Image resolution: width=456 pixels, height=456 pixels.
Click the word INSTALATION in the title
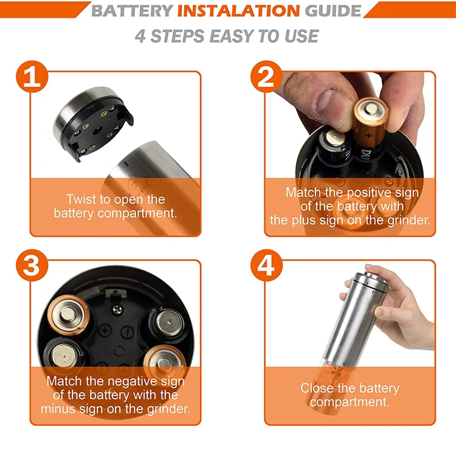pos(238,11)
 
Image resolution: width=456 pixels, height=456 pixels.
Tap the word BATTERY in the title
pos(133,11)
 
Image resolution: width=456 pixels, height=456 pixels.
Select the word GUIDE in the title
pos(333,11)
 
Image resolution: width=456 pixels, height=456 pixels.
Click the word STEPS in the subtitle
pos(178,36)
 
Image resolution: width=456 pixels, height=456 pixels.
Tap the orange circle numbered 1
pos(32,77)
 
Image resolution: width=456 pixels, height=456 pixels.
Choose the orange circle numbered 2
pos(266,77)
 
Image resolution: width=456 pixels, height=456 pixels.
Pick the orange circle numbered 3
pos(32,265)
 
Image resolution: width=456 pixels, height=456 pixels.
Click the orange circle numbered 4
pos(266,265)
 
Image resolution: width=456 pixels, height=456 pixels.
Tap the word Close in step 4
pos(314,389)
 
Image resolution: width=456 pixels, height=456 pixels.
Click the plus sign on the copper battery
pos(368,135)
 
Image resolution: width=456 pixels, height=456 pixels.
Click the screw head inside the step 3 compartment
pos(117,309)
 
